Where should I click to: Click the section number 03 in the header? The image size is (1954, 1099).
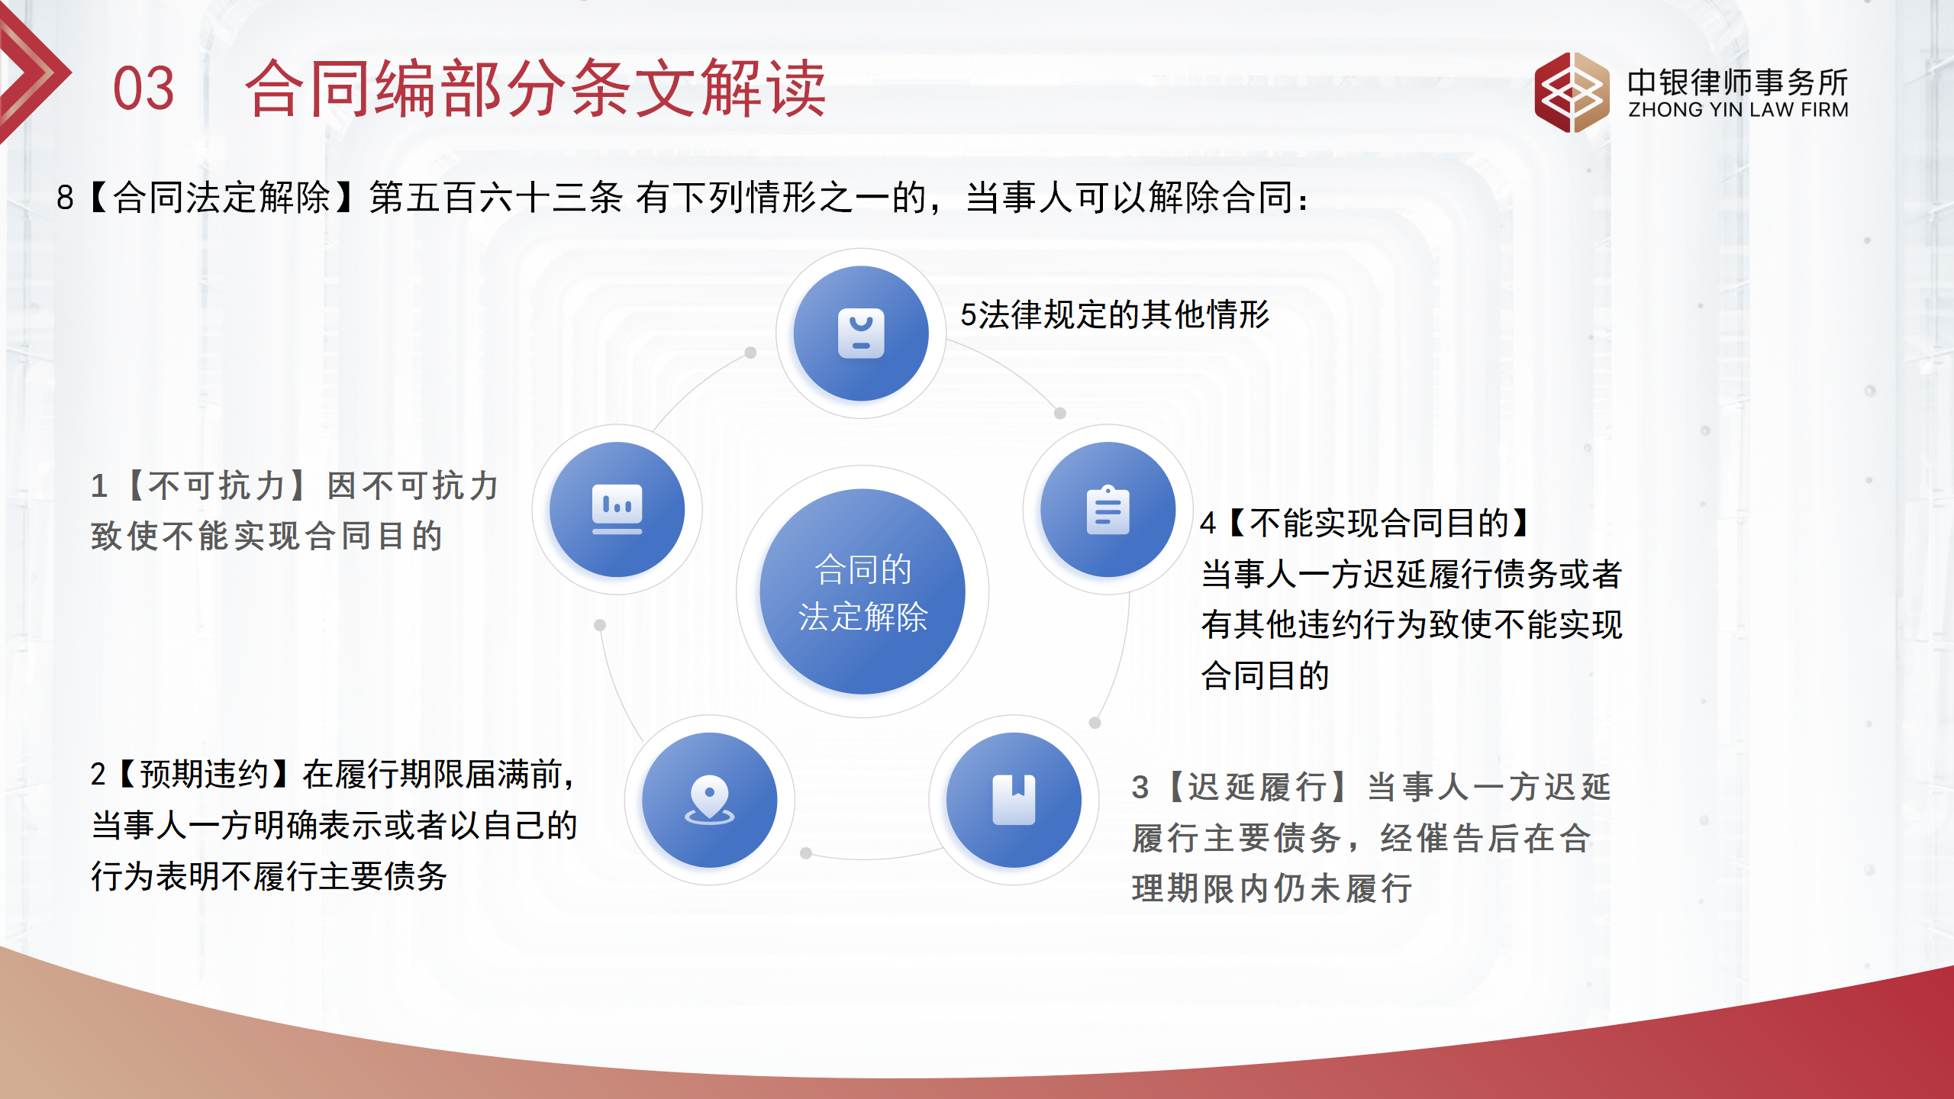click(x=143, y=89)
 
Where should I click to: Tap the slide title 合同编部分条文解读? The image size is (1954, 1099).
click(x=535, y=89)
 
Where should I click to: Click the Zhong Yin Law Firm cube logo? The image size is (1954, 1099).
click(x=1571, y=92)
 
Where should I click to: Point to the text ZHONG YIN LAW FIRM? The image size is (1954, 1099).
click(x=1738, y=110)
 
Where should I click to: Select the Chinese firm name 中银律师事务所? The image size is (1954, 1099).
click(x=1737, y=81)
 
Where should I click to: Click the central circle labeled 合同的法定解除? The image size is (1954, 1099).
click(x=863, y=591)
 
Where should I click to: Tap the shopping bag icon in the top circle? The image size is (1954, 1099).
click(x=861, y=334)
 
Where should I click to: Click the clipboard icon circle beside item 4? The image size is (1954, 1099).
click(x=1108, y=510)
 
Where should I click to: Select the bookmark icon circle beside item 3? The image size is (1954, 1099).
click(x=1014, y=800)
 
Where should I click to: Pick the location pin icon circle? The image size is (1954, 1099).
click(x=709, y=800)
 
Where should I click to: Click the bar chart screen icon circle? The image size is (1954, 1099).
click(x=617, y=510)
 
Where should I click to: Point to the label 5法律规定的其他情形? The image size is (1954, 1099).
click(x=1114, y=314)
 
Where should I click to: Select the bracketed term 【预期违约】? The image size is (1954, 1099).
click(x=205, y=774)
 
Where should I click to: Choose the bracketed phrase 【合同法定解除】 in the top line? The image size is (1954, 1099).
click(x=221, y=197)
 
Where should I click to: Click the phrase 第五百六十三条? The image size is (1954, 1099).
click(x=496, y=197)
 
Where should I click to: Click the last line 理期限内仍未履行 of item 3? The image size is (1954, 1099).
click(x=1272, y=888)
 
